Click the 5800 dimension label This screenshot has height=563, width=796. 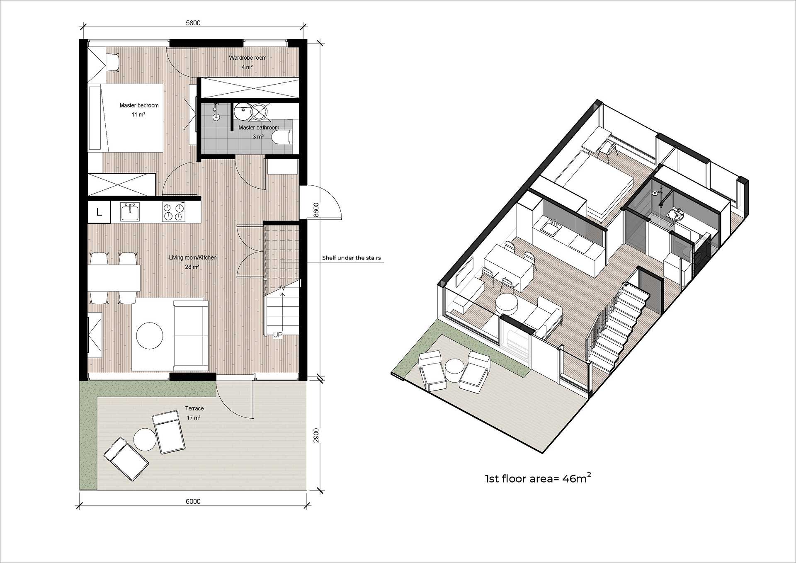(193, 23)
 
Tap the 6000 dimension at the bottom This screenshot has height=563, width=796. (193, 501)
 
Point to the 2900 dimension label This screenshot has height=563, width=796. (316, 435)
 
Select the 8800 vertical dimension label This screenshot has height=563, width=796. (316, 210)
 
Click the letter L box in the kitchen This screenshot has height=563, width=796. (99, 212)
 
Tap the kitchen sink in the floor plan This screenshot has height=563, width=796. (130, 212)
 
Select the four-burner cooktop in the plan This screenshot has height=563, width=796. (173, 212)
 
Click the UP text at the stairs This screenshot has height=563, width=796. (277, 335)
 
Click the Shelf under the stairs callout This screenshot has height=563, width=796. (351, 258)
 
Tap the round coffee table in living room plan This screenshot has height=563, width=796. (150, 335)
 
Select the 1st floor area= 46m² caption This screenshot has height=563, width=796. (538, 478)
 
